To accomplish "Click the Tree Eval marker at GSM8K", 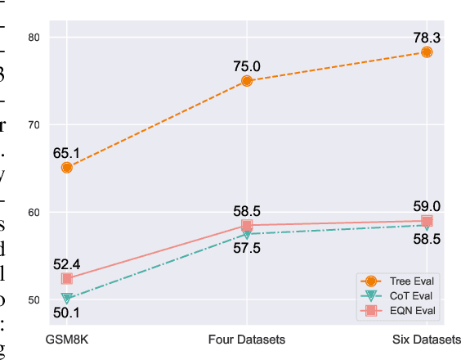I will [x=67, y=167].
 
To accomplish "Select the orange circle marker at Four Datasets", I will [x=247, y=81].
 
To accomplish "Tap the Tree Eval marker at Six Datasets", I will [x=427, y=52].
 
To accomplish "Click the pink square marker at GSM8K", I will [x=67, y=279].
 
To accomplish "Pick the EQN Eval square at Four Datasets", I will [x=247, y=225].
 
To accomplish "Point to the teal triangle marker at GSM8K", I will [x=67, y=299].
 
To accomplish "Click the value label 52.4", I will [x=67, y=263].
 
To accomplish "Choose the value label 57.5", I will [x=247, y=248].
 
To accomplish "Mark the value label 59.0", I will [x=427, y=206].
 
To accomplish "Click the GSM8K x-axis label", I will [x=67, y=338].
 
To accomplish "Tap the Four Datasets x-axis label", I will [x=247, y=338].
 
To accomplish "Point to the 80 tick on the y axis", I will [x=34, y=37].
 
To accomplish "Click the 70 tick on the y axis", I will [x=34, y=124].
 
